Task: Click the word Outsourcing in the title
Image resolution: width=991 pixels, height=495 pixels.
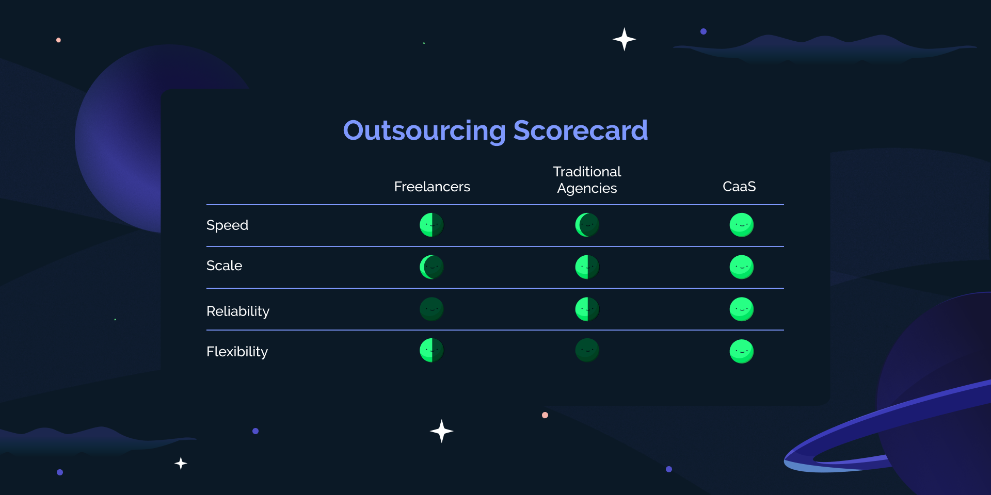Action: click(424, 131)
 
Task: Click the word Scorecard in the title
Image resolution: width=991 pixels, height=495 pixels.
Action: click(580, 131)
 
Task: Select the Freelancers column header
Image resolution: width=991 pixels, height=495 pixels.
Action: click(432, 187)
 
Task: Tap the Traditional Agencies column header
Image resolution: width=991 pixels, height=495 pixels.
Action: click(587, 180)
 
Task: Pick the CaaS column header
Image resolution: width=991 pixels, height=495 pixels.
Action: click(739, 187)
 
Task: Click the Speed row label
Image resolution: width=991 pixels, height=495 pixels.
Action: click(227, 225)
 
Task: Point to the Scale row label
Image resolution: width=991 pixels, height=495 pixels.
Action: click(224, 266)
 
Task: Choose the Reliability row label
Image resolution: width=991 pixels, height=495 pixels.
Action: click(238, 311)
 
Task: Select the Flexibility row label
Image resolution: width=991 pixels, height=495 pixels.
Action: click(237, 352)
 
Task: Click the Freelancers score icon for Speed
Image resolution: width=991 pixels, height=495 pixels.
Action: click(431, 225)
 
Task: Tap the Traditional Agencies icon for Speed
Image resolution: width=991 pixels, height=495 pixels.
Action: click(587, 225)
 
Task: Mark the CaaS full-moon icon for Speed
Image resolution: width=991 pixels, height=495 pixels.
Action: click(741, 225)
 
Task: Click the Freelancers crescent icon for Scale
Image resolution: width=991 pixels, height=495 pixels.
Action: click(431, 267)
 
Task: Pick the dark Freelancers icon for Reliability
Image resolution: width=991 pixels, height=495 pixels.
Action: click(431, 309)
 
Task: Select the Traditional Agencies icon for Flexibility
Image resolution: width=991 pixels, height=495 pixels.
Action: click(587, 351)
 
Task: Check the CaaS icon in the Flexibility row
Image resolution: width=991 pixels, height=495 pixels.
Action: click(741, 351)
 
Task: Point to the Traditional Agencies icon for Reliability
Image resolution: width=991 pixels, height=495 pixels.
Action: click(587, 309)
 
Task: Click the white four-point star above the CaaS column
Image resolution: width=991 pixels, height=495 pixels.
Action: click(624, 39)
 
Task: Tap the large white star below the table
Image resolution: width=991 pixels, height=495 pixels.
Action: click(441, 431)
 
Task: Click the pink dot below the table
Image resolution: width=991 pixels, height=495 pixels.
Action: click(545, 415)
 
